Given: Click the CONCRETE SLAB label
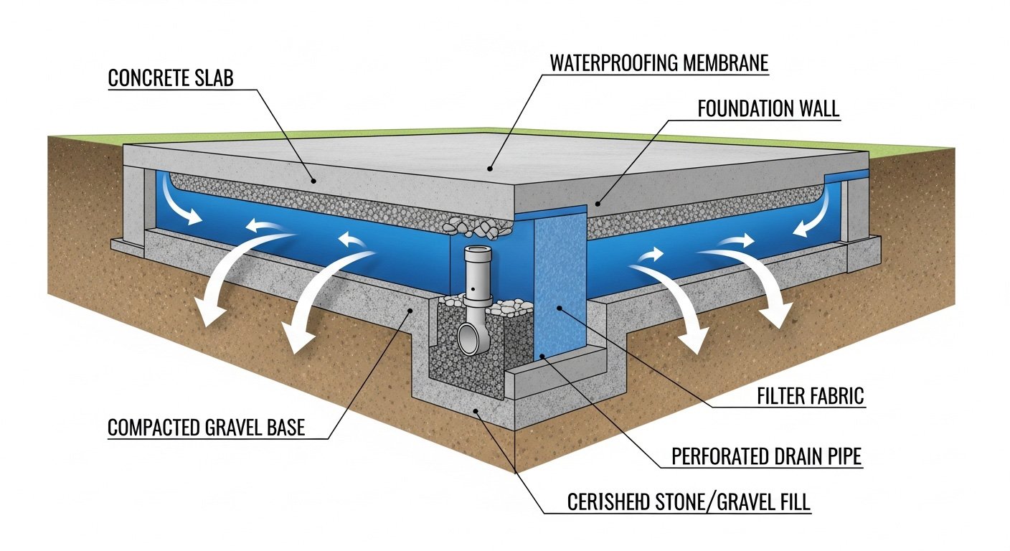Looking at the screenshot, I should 171,78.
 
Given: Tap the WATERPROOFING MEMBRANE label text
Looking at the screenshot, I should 659,62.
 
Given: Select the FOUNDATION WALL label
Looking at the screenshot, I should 768,109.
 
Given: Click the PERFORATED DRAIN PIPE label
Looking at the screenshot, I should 766,456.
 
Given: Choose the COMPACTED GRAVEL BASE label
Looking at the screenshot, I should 206,428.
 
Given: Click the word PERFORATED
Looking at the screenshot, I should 717,456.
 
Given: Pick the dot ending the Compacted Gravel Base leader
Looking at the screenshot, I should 410,310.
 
